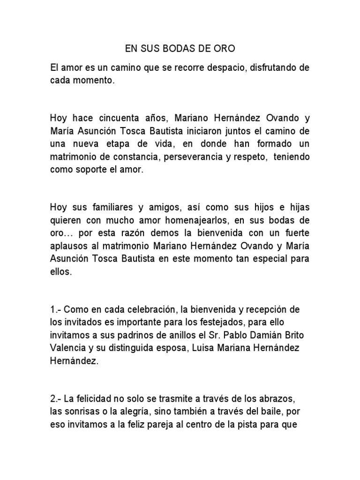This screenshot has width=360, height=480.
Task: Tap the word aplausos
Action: coord(69,246)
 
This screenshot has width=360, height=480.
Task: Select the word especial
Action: coord(273,259)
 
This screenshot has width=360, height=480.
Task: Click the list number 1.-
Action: coord(55,310)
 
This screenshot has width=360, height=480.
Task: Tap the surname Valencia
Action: coord(67,348)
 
